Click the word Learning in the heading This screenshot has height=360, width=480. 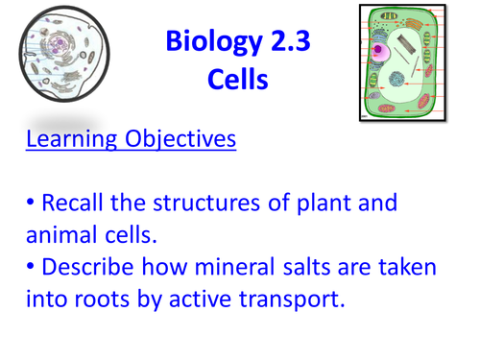(x=69, y=140)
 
